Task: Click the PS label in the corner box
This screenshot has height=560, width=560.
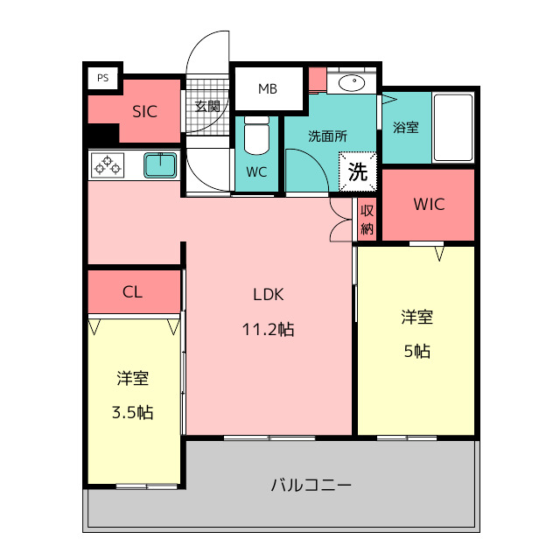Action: (103, 78)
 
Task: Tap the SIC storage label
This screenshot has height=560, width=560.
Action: (144, 112)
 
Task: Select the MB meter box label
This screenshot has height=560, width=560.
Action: (268, 88)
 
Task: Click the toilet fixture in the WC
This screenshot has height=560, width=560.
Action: (256, 135)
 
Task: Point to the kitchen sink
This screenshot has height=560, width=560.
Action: (160, 165)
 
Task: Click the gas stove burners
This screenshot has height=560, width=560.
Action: (108, 165)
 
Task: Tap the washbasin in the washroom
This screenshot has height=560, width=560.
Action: (352, 83)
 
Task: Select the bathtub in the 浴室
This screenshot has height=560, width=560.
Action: (453, 128)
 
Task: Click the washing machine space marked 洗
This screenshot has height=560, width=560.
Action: (358, 171)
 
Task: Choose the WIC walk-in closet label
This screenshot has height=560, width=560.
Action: (429, 204)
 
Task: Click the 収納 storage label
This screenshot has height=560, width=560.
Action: (367, 220)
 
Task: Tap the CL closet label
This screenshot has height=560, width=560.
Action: (132, 292)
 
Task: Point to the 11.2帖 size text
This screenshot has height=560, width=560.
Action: (269, 329)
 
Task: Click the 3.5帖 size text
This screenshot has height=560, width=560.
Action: (132, 412)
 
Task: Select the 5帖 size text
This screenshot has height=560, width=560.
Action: (417, 351)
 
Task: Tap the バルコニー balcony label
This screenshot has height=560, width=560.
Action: (311, 485)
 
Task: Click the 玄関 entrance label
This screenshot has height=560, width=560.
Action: (207, 106)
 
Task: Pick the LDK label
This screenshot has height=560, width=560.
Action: (269, 295)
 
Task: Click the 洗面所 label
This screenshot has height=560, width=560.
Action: (327, 136)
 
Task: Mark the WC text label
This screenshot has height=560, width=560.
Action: (256, 172)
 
